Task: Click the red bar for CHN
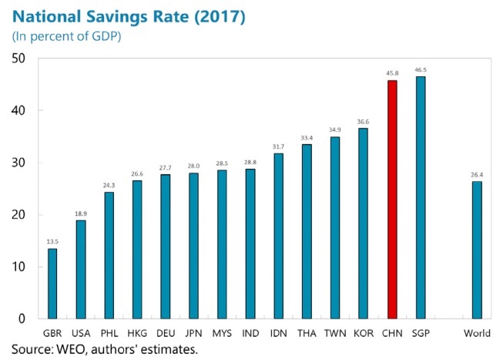[x=391, y=200]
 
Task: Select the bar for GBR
[x=52, y=284]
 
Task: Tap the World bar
[x=477, y=250]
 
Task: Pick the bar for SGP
[x=420, y=197]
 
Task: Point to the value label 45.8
[x=391, y=74]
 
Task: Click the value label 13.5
[x=52, y=241]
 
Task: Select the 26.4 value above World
[x=477, y=174]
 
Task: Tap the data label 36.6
[x=364, y=121]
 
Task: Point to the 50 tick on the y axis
[x=18, y=59]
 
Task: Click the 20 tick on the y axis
[x=18, y=215]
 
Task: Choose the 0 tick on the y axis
[x=22, y=319]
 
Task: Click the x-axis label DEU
[x=166, y=333]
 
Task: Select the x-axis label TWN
[x=335, y=333]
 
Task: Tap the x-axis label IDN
[x=278, y=333]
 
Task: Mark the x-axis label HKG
[x=137, y=333]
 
